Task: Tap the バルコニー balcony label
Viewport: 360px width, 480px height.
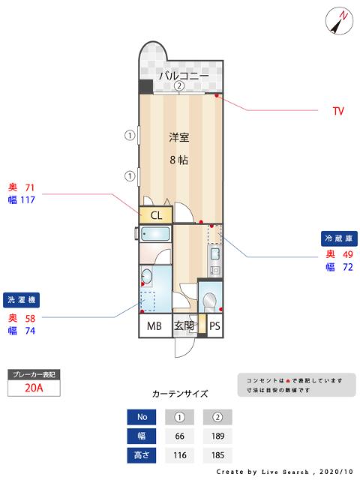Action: click(x=183, y=75)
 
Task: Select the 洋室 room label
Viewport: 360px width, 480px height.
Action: click(x=178, y=137)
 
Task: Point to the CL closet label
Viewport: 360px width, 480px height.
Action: click(x=157, y=215)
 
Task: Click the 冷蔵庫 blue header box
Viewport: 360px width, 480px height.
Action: click(x=337, y=238)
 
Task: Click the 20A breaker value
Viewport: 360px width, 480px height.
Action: click(x=32, y=388)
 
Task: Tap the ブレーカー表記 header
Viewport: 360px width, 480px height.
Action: click(x=32, y=373)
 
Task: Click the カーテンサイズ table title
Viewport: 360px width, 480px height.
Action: click(x=180, y=393)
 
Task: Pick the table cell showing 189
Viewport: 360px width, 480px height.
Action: click(x=217, y=436)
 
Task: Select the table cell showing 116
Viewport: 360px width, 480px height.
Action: click(x=179, y=455)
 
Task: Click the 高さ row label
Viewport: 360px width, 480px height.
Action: click(x=142, y=455)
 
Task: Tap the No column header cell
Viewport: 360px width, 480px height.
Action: click(x=142, y=417)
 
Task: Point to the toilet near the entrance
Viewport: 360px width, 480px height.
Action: click(x=210, y=301)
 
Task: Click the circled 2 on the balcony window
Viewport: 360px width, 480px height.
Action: click(x=180, y=86)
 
